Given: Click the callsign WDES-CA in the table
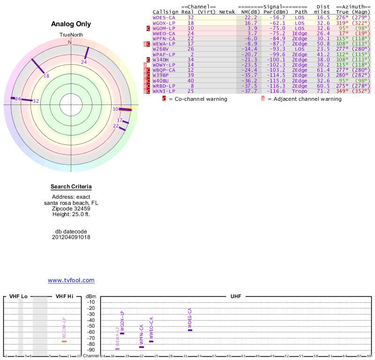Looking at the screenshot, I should (x=164, y=17).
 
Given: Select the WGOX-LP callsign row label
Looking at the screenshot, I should (x=164, y=23).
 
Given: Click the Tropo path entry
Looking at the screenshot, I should (x=300, y=91).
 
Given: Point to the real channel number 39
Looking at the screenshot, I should (x=190, y=75).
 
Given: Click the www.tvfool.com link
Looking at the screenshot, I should (x=71, y=280).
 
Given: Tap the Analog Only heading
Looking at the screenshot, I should (x=71, y=24).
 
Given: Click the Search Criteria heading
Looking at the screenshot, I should (x=71, y=187).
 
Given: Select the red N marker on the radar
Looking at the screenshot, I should (x=70, y=42).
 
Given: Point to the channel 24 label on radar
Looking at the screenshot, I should (x=84, y=62).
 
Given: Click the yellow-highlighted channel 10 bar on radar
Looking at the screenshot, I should (x=125, y=110).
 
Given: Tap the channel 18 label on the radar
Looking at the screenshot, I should (x=46, y=76).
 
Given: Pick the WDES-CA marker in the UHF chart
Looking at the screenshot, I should (x=190, y=330).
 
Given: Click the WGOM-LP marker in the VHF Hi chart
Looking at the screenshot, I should (x=64, y=341).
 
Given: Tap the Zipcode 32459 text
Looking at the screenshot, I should (x=71, y=209).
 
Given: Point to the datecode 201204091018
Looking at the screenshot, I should (x=71, y=237).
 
